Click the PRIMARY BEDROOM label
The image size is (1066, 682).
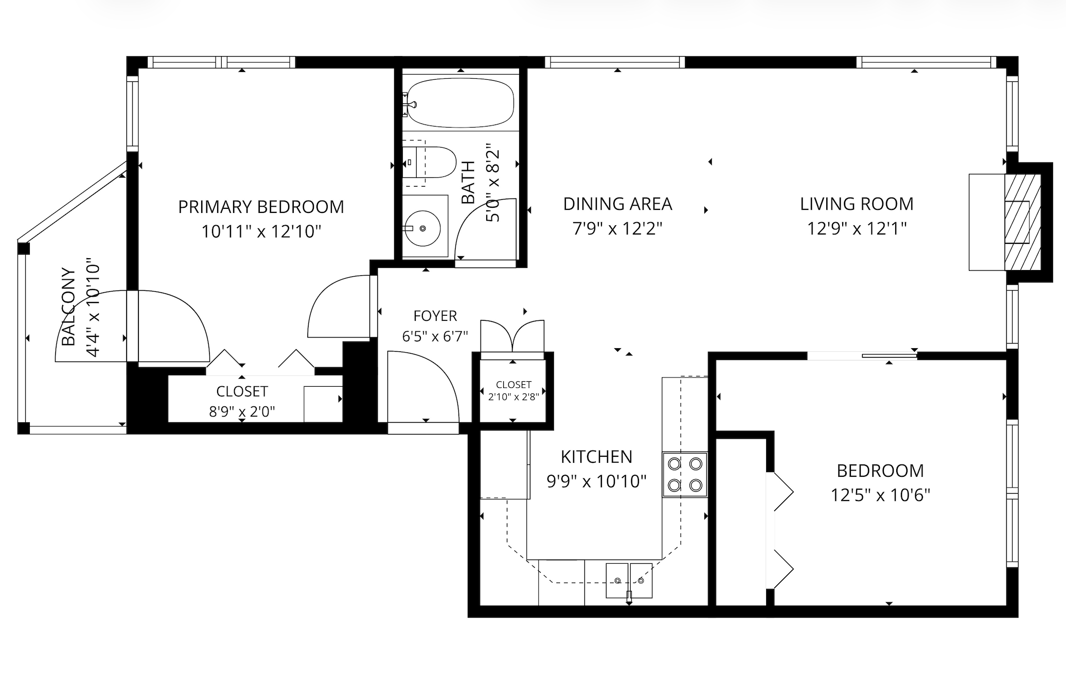click(261, 207)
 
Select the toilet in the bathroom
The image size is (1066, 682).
click(429, 163)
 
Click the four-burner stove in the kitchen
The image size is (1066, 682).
click(685, 474)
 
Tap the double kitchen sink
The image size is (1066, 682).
click(629, 580)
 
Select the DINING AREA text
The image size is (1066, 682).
click(617, 204)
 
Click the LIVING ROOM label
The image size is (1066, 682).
click(857, 204)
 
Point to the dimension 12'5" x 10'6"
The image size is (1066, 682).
click(880, 495)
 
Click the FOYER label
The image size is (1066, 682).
click(435, 315)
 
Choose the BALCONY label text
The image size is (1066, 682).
click(68, 307)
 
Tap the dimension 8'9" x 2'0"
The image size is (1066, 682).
click(242, 411)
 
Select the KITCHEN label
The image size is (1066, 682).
click(596, 457)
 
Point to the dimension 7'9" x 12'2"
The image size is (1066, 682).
click(617, 228)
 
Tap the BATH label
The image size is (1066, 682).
click(468, 182)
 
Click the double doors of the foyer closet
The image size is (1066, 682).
click(512, 337)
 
